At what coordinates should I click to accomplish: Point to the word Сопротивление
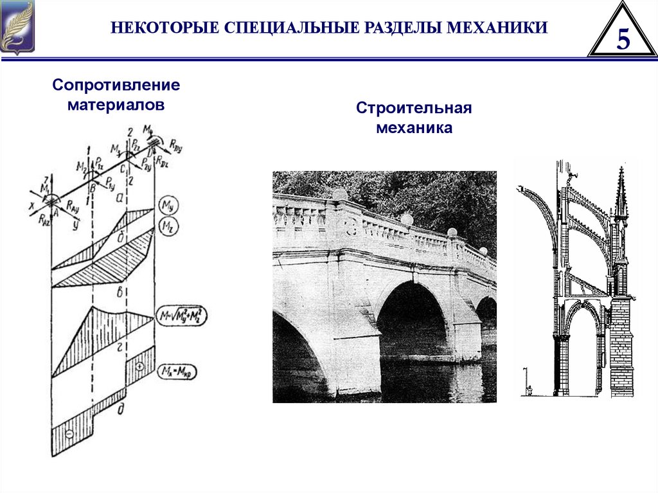click(x=116, y=85)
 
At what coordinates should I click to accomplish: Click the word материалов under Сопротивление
click(x=116, y=103)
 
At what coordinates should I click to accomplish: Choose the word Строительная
click(x=414, y=107)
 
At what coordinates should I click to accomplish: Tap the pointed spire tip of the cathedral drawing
click(x=621, y=170)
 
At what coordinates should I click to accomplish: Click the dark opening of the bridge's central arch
click(x=411, y=321)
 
